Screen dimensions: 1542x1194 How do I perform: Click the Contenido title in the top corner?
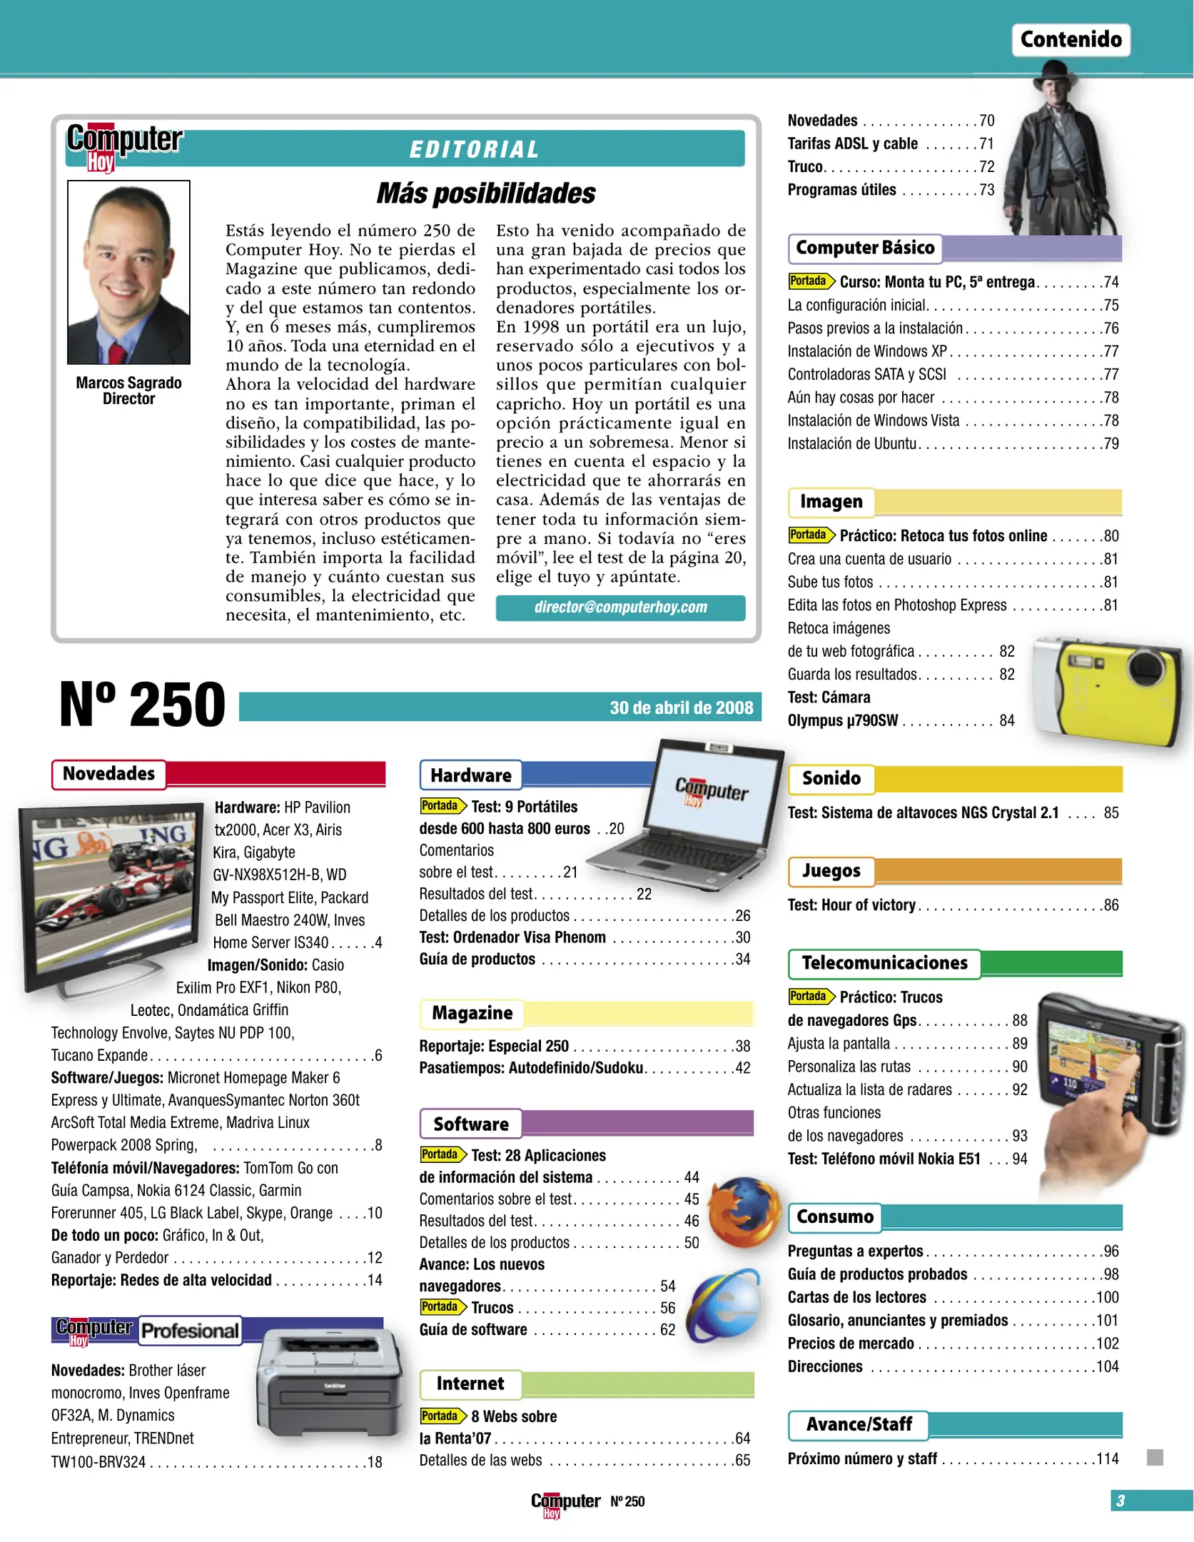click(1070, 39)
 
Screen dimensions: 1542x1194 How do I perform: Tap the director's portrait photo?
click(128, 272)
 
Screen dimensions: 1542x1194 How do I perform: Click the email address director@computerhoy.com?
click(620, 608)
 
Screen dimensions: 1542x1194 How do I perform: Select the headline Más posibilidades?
click(485, 193)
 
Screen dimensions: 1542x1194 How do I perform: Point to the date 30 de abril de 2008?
click(681, 707)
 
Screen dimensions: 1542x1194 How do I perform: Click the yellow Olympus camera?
click(1110, 689)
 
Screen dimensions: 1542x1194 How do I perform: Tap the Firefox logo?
click(744, 1211)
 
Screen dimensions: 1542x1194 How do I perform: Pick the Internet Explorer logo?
click(726, 1305)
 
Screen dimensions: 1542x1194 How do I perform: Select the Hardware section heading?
click(471, 775)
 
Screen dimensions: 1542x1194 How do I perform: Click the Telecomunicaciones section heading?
click(884, 963)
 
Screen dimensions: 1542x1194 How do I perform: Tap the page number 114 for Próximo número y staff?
click(1107, 1458)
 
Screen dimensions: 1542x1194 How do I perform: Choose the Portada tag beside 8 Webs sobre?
click(440, 1416)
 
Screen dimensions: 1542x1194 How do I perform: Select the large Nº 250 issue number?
click(142, 705)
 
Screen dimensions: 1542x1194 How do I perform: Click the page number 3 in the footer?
click(1120, 1501)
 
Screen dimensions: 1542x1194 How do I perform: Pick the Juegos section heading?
click(831, 871)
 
